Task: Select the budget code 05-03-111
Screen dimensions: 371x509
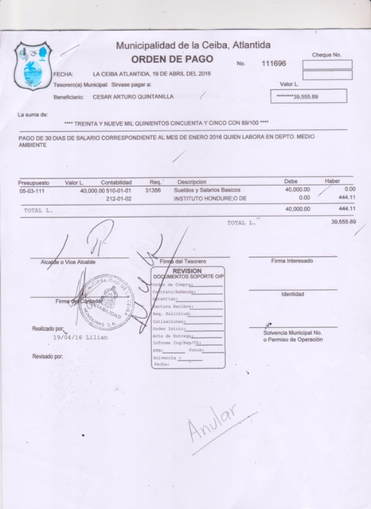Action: pos(33,191)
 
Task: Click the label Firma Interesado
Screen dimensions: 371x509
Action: pos(292,261)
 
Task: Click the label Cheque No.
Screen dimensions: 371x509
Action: pos(326,55)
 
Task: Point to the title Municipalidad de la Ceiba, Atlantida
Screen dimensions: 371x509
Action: pos(192,45)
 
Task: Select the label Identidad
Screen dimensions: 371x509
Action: pos(292,294)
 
